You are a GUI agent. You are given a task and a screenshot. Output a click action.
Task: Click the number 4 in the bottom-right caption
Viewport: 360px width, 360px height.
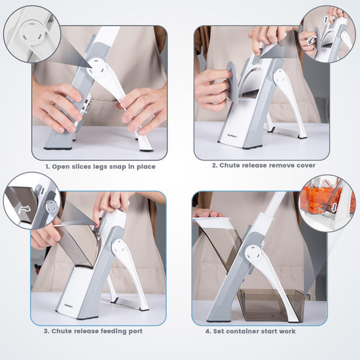pyautogui.click(x=207, y=331)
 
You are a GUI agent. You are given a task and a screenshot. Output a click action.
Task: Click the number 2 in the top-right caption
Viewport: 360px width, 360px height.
pyautogui.click(x=214, y=166)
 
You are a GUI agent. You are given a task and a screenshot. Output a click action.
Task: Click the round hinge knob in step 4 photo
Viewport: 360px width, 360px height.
pyautogui.click(x=253, y=254)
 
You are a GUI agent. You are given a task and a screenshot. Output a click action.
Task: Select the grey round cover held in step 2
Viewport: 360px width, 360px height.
pyautogui.click(x=232, y=82)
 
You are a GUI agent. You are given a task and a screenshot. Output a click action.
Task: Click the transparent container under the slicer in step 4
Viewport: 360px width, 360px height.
pyautogui.click(x=271, y=305)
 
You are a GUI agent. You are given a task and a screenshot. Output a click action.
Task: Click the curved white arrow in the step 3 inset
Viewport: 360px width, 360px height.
pyautogui.click(x=24, y=209)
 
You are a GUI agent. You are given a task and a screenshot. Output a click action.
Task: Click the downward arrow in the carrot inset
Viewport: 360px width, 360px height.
pyautogui.click(x=334, y=207)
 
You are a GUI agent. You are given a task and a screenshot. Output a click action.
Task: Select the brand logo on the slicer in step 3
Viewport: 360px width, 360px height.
pyautogui.click(x=69, y=306)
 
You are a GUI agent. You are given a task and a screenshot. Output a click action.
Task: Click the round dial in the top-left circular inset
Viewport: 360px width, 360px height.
pyautogui.click(x=31, y=33)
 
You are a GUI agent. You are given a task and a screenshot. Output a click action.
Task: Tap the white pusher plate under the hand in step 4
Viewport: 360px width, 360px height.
pyautogui.click(x=211, y=223)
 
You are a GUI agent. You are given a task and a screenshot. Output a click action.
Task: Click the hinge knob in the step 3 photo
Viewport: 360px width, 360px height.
pyautogui.click(x=120, y=247)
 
